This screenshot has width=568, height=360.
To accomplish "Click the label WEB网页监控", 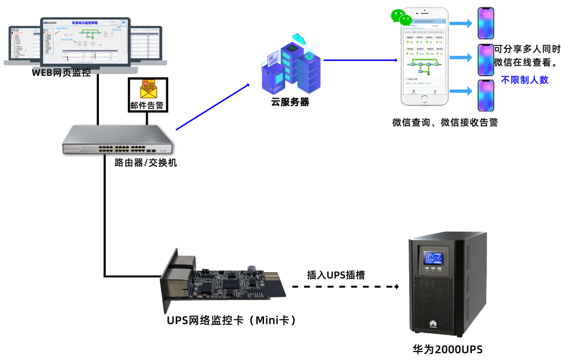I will pos(62,73).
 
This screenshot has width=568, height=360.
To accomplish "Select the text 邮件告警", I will pos(147,105).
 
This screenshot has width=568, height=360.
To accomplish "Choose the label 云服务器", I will pos(290,103).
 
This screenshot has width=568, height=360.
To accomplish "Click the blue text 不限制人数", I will pos(524,80).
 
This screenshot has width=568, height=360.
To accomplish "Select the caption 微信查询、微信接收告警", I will pos(445,123).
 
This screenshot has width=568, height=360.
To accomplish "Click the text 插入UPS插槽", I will pos(336,275).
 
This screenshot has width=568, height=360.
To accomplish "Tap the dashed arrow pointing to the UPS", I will pos(345,287).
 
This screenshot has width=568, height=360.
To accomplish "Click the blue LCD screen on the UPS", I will pos(433,257).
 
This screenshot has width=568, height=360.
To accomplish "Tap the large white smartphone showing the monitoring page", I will pos(424,56).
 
